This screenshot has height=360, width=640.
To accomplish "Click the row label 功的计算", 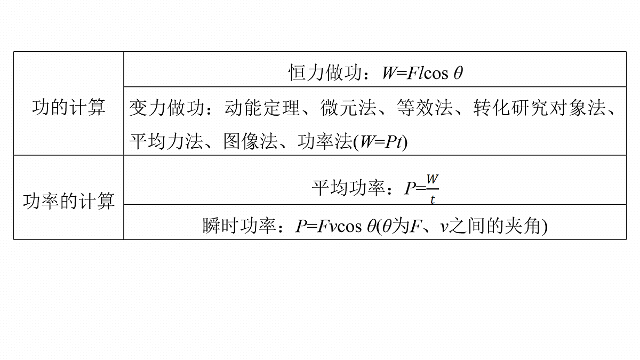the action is pos(69,107).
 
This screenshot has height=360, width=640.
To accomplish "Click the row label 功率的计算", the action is pos(69,201).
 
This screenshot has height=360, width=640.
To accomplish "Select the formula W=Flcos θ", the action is pos(422,73).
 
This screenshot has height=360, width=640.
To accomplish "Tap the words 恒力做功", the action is pos(325,73).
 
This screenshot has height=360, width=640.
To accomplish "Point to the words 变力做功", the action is pos(166,108).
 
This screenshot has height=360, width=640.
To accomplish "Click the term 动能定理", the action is pos(262,108).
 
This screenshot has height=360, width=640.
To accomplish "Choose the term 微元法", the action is pos(348,108).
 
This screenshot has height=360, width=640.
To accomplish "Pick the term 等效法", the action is pos(425,108).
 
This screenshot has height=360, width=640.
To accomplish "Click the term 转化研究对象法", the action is pos(539,108).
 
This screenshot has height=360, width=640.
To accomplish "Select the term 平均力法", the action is pos(166,141).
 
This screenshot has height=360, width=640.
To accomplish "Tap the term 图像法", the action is pos(251,141).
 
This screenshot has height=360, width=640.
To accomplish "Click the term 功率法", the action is pos(325,141).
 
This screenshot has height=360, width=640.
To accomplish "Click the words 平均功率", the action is pos(348,188).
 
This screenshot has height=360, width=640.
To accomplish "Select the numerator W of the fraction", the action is pos(433,180).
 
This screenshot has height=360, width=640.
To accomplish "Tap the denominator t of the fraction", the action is pos(433,199).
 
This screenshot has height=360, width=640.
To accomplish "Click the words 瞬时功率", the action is pos(239,226).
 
